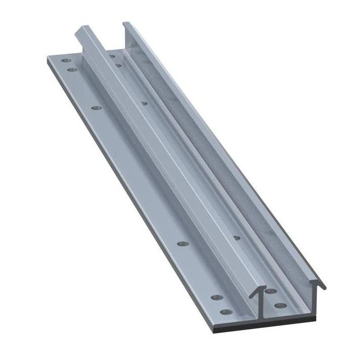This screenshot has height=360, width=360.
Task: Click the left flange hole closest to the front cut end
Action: point(225,311)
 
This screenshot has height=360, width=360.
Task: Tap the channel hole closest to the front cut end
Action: point(280,305)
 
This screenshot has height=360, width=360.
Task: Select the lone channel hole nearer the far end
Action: point(145,103)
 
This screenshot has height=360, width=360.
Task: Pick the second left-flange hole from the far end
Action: point(71,69)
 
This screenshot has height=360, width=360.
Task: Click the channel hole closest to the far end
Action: point(111,56)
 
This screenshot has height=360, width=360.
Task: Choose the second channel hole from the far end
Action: point(119,65)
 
